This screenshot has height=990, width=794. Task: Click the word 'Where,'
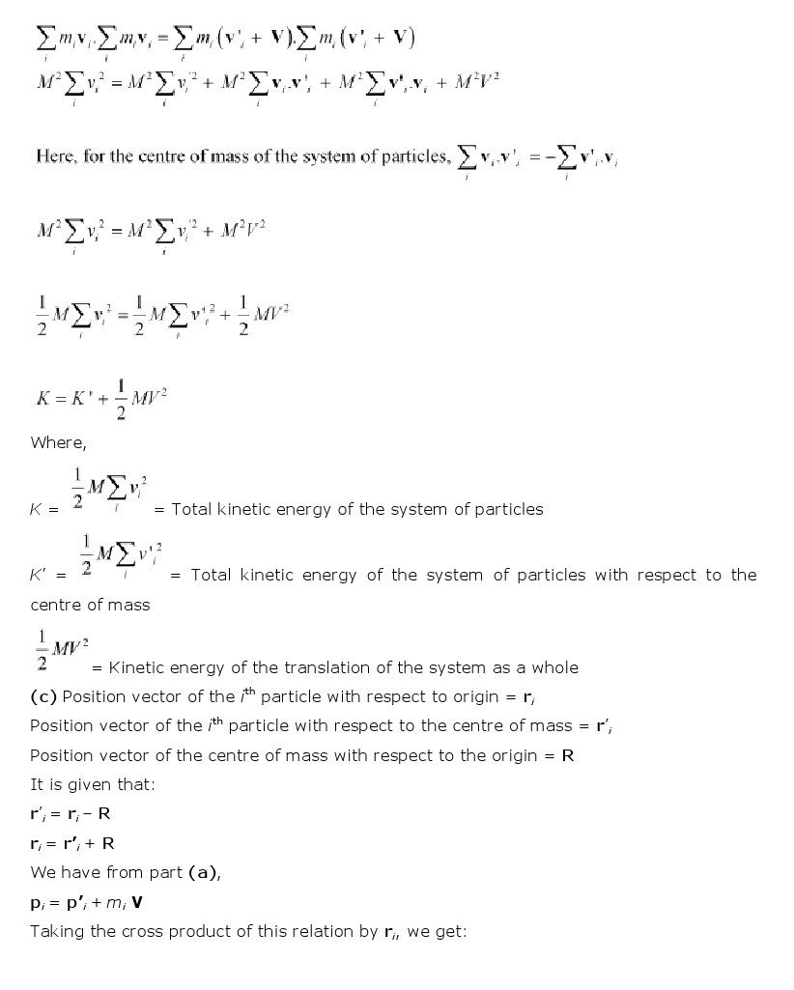pyautogui.click(x=58, y=442)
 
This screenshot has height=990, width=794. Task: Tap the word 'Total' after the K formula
pyautogui.click(x=190, y=509)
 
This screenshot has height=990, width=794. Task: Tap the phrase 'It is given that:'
pyautogui.click(x=92, y=784)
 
